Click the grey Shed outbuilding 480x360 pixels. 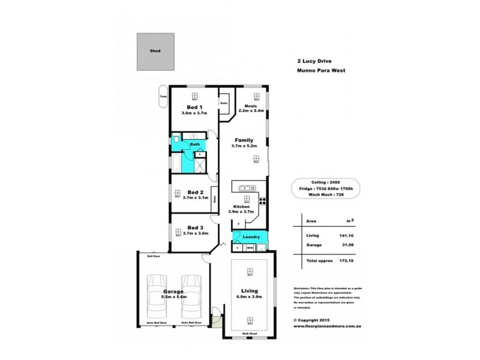tap(155, 51)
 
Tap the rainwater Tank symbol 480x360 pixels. tap(163, 99)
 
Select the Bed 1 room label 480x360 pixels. tap(194, 107)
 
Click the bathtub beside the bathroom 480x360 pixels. tap(176, 163)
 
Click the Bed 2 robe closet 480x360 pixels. tap(215, 200)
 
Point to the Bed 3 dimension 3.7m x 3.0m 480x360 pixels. tap(194, 233)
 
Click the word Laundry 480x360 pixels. tap(251, 237)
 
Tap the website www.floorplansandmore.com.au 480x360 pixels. tap(327, 327)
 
